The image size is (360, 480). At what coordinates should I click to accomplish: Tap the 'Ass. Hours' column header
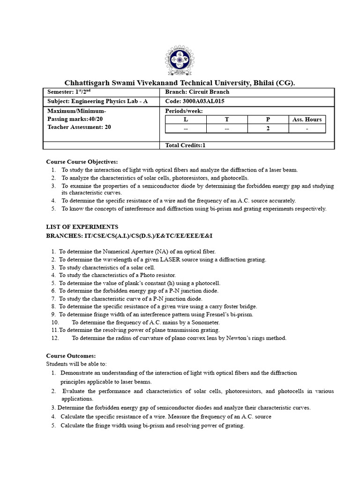[307, 120]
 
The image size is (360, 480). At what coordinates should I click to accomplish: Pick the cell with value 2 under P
[268, 129]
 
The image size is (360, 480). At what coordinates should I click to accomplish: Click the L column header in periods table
[186, 120]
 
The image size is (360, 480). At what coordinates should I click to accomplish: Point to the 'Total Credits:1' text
[186, 145]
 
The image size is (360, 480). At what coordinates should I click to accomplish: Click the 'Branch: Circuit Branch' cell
[197, 92]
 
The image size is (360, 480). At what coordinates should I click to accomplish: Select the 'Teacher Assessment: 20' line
[79, 127]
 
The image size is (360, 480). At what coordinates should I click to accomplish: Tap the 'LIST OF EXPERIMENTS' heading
[79, 227]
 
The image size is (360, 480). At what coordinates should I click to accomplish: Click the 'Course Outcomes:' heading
[71, 356]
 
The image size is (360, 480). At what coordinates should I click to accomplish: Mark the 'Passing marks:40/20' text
[76, 119]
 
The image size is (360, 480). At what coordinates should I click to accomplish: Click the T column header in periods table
[227, 120]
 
